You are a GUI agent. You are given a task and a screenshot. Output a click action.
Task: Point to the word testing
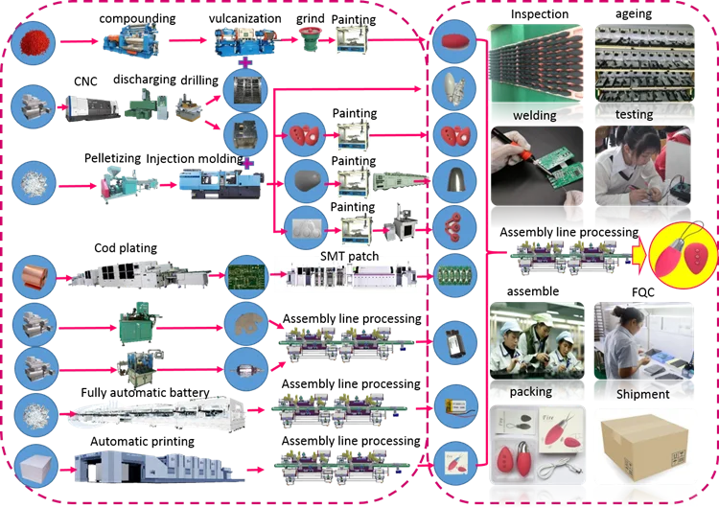click(634, 116)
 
